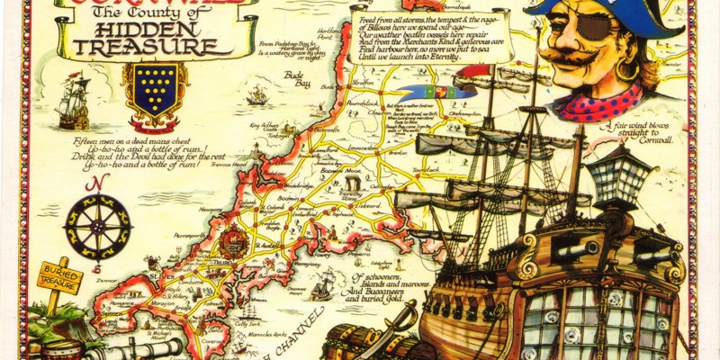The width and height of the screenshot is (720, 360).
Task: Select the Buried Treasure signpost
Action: tap(59, 276)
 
